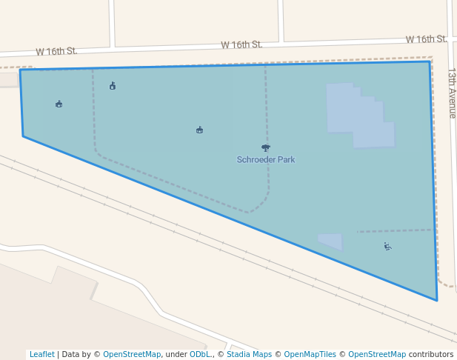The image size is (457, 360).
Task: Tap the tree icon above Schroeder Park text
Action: click(266, 147)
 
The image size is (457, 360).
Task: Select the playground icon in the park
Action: click(387, 246)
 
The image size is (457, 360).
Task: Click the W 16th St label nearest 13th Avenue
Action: click(426, 39)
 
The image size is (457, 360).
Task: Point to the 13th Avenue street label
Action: click(452, 93)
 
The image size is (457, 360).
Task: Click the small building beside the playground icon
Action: click(331, 241)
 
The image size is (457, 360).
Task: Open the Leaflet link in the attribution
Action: click(41, 354)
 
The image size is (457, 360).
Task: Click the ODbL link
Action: click(200, 354)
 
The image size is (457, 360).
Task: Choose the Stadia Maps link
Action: click(250, 354)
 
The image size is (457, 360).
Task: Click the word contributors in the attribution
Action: click(431, 354)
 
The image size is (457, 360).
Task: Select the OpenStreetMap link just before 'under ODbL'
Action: click(132, 354)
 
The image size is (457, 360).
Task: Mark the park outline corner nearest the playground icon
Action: click(436, 300)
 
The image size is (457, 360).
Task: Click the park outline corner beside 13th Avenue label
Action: click(430, 61)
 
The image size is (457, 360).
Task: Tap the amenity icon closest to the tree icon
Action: click(199, 130)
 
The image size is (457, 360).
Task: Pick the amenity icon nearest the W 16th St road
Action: click(113, 86)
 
